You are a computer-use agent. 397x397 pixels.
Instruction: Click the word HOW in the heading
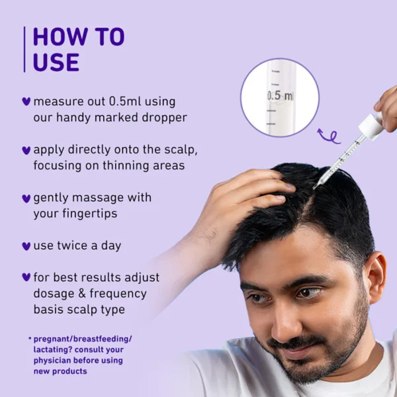point(60,36)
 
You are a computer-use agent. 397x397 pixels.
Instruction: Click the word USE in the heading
point(56,62)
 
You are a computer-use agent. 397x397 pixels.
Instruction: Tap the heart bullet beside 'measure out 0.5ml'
point(26,101)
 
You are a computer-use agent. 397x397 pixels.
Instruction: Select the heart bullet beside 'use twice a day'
point(26,246)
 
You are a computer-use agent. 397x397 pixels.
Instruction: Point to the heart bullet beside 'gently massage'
point(26,198)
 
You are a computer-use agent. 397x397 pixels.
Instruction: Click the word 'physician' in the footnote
point(50,361)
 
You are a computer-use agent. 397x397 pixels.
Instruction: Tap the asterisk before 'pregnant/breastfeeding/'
point(30,338)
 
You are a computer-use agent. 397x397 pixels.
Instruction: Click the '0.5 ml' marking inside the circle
point(281,96)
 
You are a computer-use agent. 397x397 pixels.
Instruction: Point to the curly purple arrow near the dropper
point(329,137)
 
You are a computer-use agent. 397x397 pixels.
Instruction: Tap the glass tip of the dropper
point(315,187)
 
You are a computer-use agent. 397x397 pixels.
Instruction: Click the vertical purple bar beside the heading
point(24,49)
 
